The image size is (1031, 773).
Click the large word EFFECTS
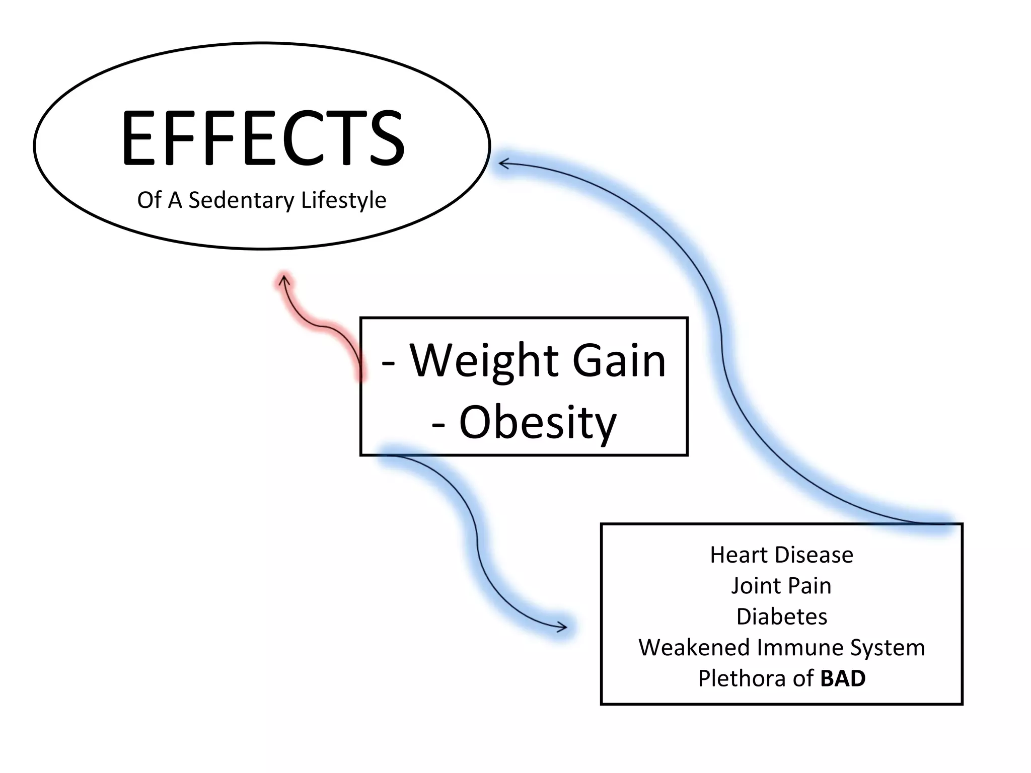262,138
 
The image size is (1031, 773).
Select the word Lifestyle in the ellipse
344,200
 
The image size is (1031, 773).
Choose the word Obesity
538,423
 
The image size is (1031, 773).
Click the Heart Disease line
781,555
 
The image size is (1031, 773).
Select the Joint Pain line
781,586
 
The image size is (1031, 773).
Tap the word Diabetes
781,616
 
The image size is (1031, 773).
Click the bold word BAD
843,678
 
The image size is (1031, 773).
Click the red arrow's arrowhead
285,278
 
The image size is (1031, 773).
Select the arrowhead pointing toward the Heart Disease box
563,627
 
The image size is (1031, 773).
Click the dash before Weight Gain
388,361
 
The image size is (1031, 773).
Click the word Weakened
694,648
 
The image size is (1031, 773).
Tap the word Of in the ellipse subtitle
149,200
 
